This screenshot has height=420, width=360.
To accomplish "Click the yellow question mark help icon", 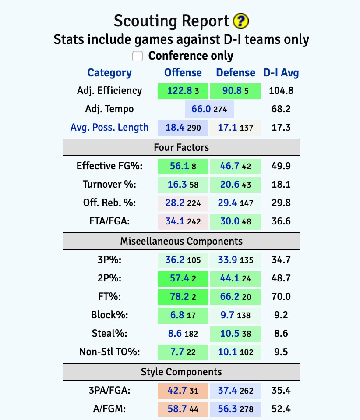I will coord(241,21).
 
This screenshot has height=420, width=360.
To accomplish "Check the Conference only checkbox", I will coord(138,56).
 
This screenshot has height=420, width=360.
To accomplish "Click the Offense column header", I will coord(183,73).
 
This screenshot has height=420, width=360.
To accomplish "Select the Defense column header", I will coord(236,73).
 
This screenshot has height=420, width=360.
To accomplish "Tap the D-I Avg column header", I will coord(281,73).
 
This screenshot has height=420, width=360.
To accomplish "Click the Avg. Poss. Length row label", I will coord(109,128).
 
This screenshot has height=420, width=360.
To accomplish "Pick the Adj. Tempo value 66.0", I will coord(201,109).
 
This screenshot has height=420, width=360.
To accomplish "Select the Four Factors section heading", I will coord(181,148).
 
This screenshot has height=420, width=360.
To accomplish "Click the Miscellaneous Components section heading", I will coord(181,241).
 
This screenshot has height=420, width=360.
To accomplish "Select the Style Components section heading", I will coord(181,372).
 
